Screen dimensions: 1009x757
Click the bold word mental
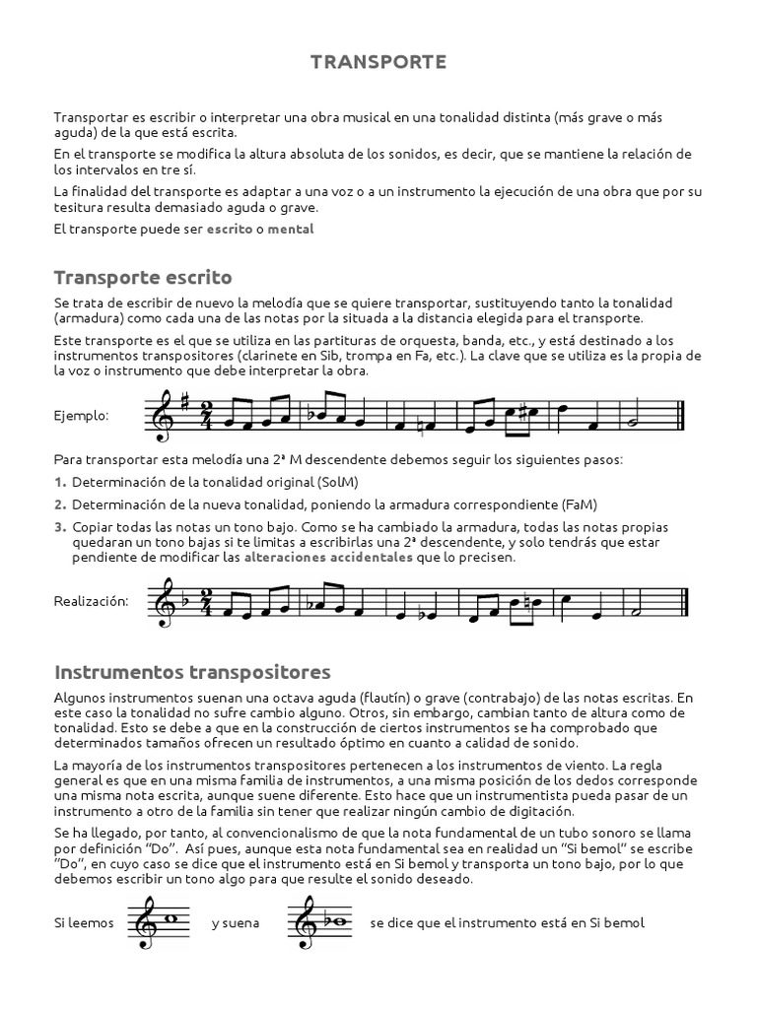[291, 229]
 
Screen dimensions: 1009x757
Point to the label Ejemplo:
[81, 417]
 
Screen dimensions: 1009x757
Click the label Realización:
[91, 600]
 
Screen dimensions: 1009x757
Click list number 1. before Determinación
[60, 483]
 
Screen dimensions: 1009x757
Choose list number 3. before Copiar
[60, 526]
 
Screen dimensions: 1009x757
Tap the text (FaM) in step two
[576, 504]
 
